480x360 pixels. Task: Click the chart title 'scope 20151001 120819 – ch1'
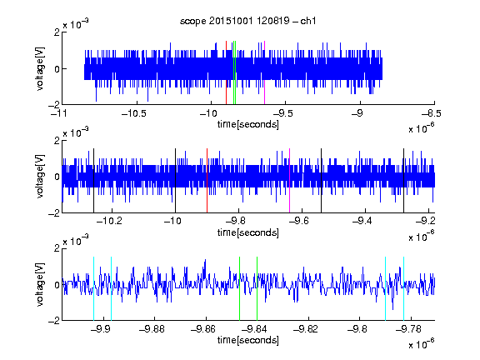(248, 21)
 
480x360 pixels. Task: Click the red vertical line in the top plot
(226, 72)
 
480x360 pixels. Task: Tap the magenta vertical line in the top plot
(264, 72)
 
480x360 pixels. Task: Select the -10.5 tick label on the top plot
(134, 113)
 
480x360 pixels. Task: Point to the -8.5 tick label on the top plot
(432, 113)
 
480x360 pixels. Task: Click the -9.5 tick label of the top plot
(282, 113)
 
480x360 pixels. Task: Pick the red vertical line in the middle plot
(207, 181)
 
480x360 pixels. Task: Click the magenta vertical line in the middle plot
(290, 181)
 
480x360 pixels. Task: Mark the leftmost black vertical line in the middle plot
(93, 181)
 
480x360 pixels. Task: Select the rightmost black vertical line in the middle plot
(404, 181)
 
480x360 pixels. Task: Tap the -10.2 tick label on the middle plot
(110, 221)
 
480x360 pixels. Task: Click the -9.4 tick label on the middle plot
(362, 221)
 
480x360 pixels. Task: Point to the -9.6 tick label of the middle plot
(299, 221)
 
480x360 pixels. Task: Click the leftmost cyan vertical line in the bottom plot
(93, 288)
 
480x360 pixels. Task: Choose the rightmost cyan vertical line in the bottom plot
(404, 288)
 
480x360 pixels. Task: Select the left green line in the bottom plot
(240, 288)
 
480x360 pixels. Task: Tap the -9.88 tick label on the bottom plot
(152, 329)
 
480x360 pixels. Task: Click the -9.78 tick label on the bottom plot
(408, 329)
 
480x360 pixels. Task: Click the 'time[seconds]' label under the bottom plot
(248, 340)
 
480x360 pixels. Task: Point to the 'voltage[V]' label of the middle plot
(40, 176)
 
